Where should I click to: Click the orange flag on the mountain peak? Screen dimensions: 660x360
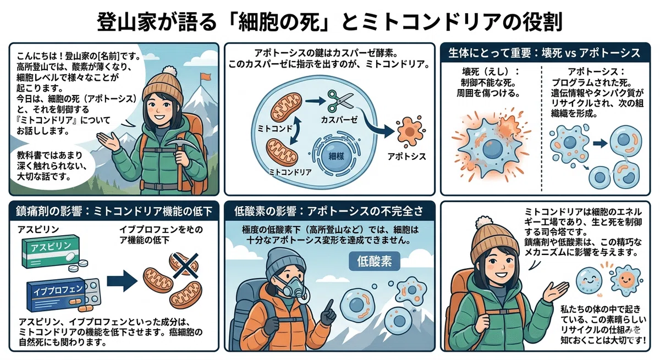(x=205, y=76)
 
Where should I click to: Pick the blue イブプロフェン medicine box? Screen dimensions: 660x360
(x=56, y=295)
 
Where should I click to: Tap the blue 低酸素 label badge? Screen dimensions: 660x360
(x=374, y=261)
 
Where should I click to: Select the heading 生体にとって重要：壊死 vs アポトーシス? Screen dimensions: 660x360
(x=545, y=53)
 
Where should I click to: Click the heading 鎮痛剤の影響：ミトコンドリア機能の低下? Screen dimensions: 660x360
(x=114, y=212)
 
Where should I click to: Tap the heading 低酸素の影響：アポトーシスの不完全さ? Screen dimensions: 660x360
(x=328, y=212)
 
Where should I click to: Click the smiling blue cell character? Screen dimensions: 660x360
(x=588, y=280)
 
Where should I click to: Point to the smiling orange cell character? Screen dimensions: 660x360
(x=626, y=280)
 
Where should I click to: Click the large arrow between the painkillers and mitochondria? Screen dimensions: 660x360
(x=122, y=281)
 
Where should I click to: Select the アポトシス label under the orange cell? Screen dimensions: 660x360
(x=406, y=157)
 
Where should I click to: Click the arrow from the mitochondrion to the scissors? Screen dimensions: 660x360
(x=315, y=101)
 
